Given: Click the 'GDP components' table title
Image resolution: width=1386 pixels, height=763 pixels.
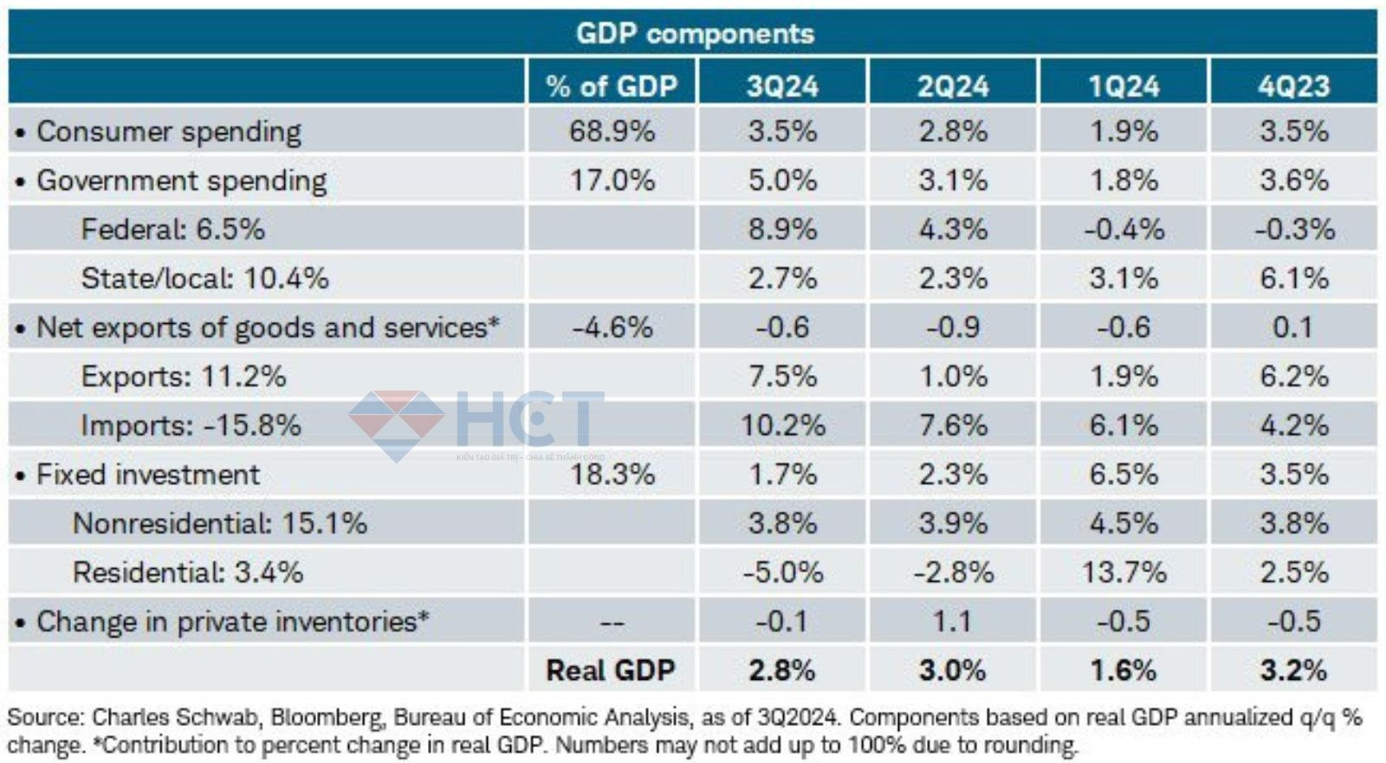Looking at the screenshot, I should pyautogui.click(x=695, y=33).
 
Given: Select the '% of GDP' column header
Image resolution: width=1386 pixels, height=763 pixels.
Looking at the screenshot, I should pyautogui.click(x=611, y=86).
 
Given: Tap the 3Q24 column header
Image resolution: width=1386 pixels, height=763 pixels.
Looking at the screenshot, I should pyautogui.click(x=782, y=86).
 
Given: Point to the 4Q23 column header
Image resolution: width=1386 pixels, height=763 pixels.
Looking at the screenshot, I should pyautogui.click(x=1293, y=86).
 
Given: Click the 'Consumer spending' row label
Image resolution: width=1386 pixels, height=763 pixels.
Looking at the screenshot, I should pyautogui.click(x=168, y=132).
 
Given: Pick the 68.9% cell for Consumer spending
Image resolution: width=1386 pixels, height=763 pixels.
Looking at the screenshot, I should pyautogui.click(x=612, y=132).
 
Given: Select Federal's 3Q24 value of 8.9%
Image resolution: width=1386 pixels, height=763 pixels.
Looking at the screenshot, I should pyautogui.click(x=782, y=230).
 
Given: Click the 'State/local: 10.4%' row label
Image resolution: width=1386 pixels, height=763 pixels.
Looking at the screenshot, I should pyautogui.click(x=204, y=279).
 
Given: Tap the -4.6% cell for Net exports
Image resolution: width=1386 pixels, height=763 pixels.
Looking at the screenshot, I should pyautogui.click(x=612, y=327).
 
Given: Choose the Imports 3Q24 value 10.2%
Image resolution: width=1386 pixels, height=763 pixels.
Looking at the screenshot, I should pyautogui.click(x=782, y=425).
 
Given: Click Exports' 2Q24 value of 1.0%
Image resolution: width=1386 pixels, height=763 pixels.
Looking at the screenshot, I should pyautogui.click(x=953, y=377).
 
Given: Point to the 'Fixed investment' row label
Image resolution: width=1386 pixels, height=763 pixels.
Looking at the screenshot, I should pyautogui.click(x=147, y=475).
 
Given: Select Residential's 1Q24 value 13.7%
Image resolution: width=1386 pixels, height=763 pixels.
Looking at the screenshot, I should pyautogui.click(x=1124, y=572).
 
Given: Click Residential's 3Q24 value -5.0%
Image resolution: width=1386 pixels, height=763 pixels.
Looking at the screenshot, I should pyautogui.click(x=782, y=572).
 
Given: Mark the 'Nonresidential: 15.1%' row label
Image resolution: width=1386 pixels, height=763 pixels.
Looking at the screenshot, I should pyautogui.click(x=220, y=523).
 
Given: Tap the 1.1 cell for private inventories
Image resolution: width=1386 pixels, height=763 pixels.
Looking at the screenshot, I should pyautogui.click(x=953, y=621).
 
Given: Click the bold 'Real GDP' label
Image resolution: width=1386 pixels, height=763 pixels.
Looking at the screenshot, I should pyautogui.click(x=610, y=670).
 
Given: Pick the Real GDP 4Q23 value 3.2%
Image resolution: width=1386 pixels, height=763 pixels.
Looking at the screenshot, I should pyautogui.click(x=1293, y=670).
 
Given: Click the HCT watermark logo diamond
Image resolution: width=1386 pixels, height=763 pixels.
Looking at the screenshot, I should pyautogui.click(x=396, y=424).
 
